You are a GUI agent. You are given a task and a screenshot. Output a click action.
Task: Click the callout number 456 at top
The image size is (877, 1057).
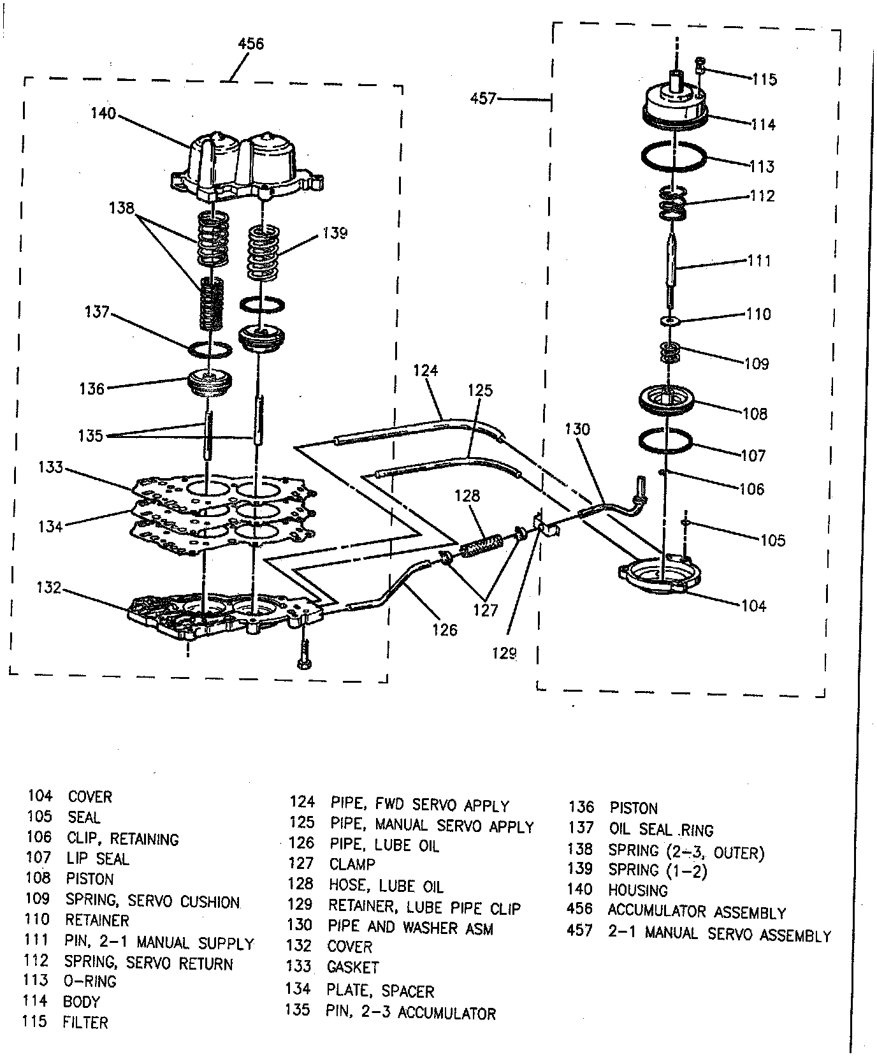(250, 44)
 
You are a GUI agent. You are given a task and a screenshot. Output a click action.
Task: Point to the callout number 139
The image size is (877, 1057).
(335, 233)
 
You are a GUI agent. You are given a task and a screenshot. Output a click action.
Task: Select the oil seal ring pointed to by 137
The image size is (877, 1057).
(210, 349)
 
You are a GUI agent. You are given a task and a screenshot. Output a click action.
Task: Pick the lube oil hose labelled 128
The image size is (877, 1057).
(482, 547)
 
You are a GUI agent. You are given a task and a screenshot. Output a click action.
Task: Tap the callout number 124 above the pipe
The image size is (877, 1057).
(425, 370)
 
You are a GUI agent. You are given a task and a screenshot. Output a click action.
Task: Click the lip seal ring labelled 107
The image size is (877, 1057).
(665, 441)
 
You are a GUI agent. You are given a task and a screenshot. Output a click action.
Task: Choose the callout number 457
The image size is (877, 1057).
(483, 99)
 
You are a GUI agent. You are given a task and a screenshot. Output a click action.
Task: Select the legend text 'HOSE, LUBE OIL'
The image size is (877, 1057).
(386, 886)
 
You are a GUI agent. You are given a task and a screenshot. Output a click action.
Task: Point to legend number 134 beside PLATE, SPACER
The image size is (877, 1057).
(299, 989)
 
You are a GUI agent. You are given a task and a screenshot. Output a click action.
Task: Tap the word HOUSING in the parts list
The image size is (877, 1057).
(637, 890)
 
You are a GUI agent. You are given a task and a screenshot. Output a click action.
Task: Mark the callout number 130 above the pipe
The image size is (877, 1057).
(577, 429)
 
